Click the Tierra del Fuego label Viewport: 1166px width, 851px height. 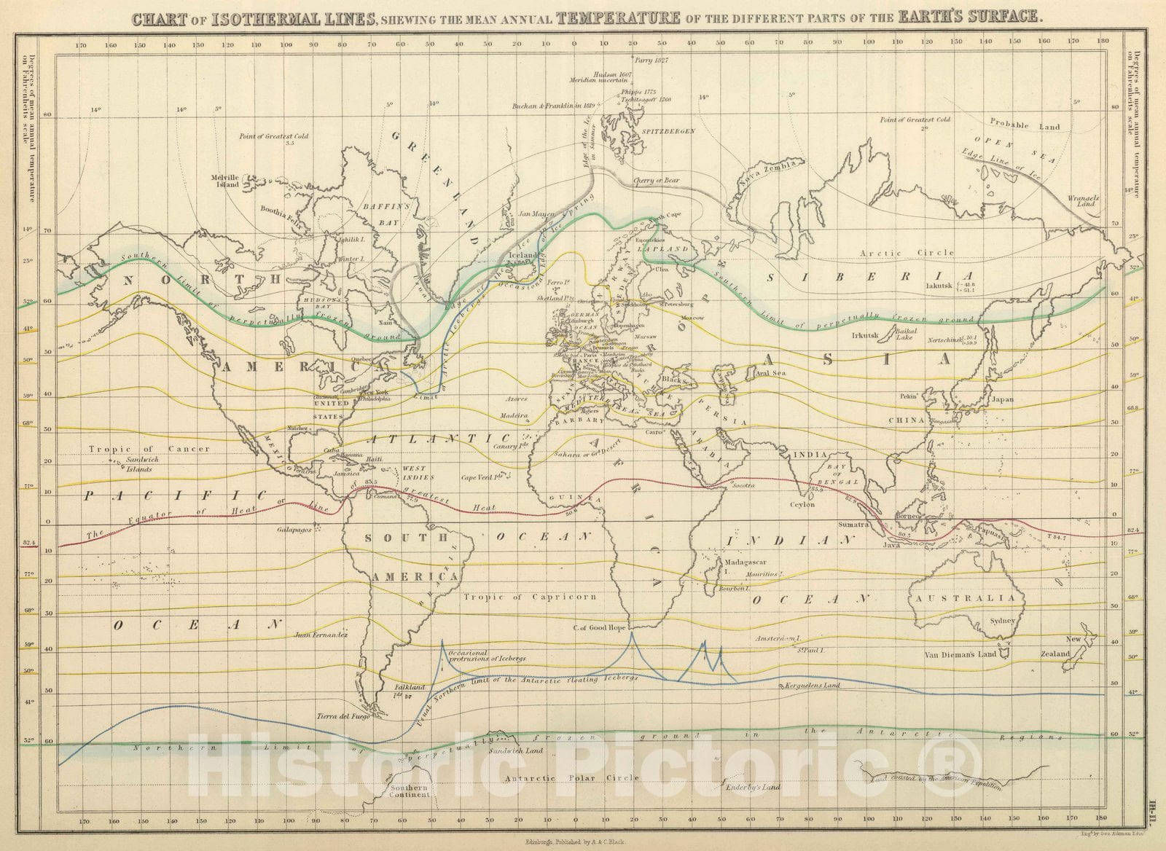[343, 716]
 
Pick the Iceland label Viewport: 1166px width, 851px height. [523, 256]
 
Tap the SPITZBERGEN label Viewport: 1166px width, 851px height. [669, 130]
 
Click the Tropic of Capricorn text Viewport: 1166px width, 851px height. [530, 597]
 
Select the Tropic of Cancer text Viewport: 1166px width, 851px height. [149, 449]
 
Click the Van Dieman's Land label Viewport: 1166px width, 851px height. [960, 654]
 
